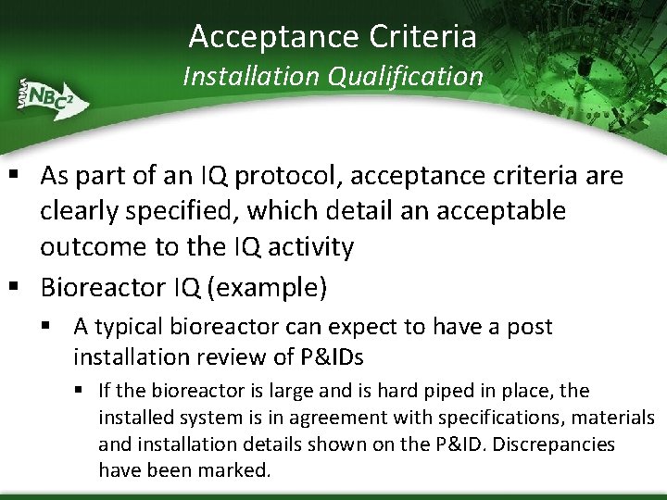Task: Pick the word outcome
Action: click(x=94, y=247)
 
